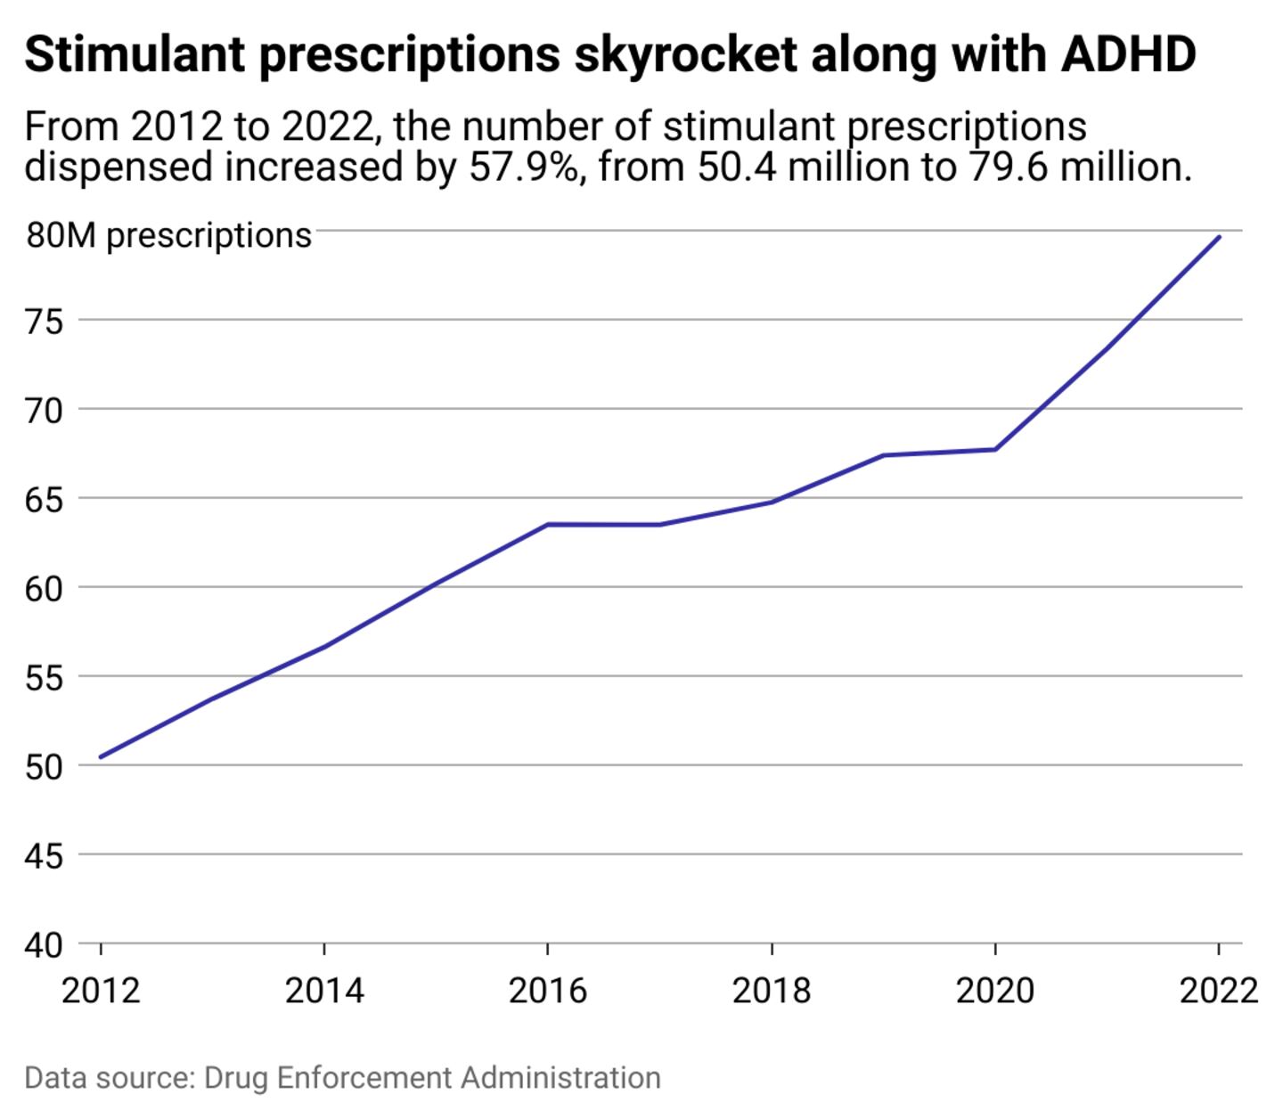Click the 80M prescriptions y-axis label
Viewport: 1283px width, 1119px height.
click(169, 235)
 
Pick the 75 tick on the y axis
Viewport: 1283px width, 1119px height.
click(45, 321)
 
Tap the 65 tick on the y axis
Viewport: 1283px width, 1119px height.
click(45, 499)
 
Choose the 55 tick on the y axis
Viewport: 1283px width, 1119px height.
click(45, 677)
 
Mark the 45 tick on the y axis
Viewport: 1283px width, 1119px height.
click(45, 855)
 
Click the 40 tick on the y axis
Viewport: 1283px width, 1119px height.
click(45, 944)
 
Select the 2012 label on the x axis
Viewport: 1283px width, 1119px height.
click(101, 991)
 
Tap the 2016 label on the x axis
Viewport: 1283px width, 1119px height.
click(548, 991)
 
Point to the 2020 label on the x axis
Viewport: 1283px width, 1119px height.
click(995, 991)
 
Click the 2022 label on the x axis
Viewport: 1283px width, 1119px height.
click(1218, 991)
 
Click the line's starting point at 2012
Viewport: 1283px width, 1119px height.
click(101, 757)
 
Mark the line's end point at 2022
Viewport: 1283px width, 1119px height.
click(1219, 237)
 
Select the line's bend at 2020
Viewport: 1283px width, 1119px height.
click(995, 449)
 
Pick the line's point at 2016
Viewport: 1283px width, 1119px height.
click(548, 524)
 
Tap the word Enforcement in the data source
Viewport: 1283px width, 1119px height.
click(364, 1077)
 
